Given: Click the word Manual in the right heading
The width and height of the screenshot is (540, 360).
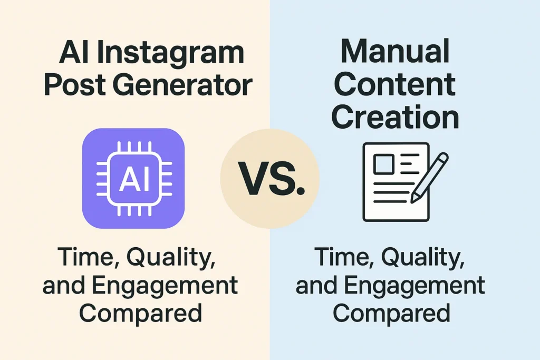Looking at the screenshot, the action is [x=395, y=51].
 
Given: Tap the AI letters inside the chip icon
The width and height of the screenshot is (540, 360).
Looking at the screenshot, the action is [x=134, y=179].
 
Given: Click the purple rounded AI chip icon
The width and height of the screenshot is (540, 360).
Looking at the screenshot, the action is [x=133, y=178].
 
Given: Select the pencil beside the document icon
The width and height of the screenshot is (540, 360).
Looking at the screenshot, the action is [x=429, y=177].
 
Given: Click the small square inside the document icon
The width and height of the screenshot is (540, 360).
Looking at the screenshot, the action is [x=384, y=164].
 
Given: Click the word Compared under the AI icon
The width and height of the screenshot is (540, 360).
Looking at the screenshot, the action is [x=141, y=313].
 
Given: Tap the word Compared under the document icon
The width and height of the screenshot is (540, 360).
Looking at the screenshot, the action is [x=392, y=313].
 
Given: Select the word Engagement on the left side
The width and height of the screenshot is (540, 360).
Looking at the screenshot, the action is [x=165, y=286].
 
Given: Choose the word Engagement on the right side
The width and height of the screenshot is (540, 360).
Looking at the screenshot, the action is [x=415, y=286].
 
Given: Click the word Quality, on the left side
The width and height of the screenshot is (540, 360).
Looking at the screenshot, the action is [x=171, y=257].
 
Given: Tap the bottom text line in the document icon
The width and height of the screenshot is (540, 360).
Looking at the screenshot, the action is [x=390, y=201].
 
